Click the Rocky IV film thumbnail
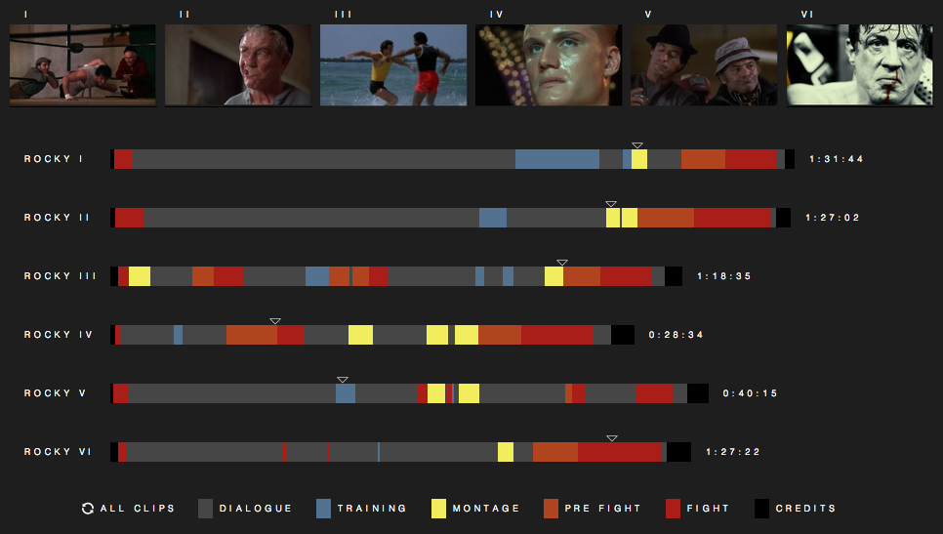(x=549, y=64)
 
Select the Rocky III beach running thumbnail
(x=393, y=64)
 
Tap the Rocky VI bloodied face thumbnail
(x=860, y=64)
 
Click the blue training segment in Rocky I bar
(x=556, y=159)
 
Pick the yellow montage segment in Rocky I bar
(x=638, y=159)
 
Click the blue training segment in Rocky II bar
(x=493, y=218)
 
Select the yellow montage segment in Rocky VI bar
(x=506, y=452)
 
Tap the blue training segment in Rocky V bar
(x=346, y=393)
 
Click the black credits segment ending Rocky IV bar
(x=623, y=335)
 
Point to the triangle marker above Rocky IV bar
(x=275, y=321)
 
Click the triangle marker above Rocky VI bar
(x=612, y=438)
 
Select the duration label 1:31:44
(x=835, y=159)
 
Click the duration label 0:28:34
(x=676, y=335)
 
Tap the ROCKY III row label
(x=61, y=276)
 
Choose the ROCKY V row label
(x=56, y=393)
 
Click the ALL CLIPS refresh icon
(x=88, y=509)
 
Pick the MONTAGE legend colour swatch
(x=438, y=509)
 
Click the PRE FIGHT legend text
(x=602, y=509)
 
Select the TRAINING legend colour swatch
(x=324, y=509)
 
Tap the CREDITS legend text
(x=805, y=509)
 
